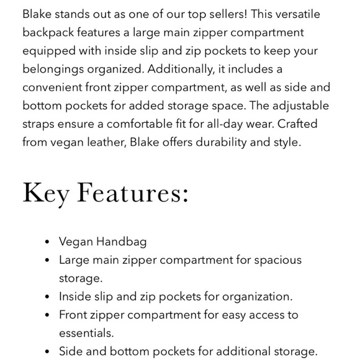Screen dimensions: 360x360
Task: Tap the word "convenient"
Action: click(56, 88)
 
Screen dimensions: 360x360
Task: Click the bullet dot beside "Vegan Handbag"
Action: click(48, 242)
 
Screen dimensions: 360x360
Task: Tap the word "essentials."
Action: click(86, 333)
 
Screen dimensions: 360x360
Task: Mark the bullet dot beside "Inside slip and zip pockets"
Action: click(48, 297)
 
